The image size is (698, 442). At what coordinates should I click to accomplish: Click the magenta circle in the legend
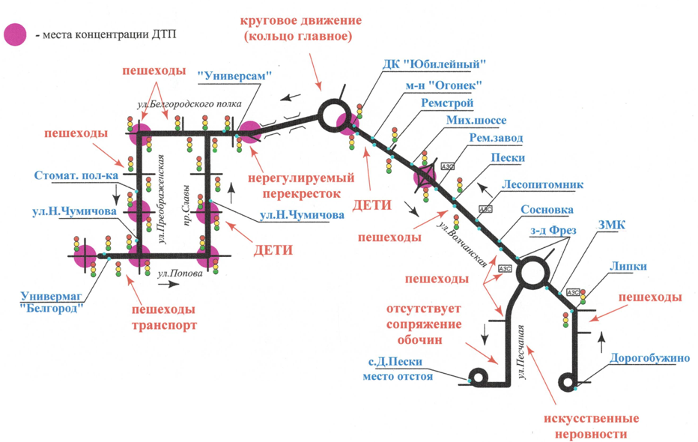point(16,34)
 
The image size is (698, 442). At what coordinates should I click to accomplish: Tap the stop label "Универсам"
point(233,76)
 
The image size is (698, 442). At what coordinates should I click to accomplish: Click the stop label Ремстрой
point(447,103)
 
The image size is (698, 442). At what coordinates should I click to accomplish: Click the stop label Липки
point(628,267)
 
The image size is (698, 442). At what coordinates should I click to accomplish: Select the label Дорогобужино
point(649,358)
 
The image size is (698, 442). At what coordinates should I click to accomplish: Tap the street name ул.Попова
point(180,273)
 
